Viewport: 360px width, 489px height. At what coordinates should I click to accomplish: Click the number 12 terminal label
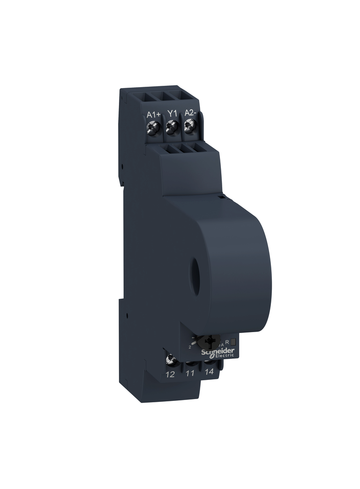click(x=170, y=374)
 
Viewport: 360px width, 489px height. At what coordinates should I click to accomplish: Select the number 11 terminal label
click(x=190, y=373)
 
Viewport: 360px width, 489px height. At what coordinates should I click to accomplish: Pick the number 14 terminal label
click(x=209, y=372)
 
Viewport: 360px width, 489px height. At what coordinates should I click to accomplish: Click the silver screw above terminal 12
click(x=171, y=359)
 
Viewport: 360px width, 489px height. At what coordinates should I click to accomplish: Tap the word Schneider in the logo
click(x=219, y=351)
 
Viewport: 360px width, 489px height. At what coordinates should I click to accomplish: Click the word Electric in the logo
click(x=224, y=356)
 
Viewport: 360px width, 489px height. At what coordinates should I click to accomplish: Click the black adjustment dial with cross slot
click(x=211, y=342)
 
